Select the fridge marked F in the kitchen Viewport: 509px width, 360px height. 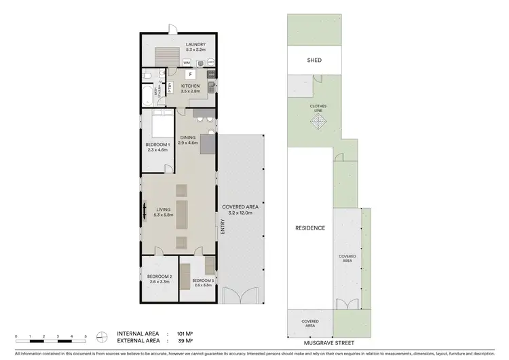pyautogui.click(x=191, y=74)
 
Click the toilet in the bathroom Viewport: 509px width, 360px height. pyautogui.click(x=147, y=75)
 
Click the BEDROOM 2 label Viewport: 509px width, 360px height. pyautogui.click(x=160, y=278)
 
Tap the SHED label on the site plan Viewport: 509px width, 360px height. pyautogui.click(x=314, y=60)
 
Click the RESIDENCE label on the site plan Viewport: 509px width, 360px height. pyautogui.click(x=309, y=228)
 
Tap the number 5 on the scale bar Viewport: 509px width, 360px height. pyautogui.click(x=86, y=336)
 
